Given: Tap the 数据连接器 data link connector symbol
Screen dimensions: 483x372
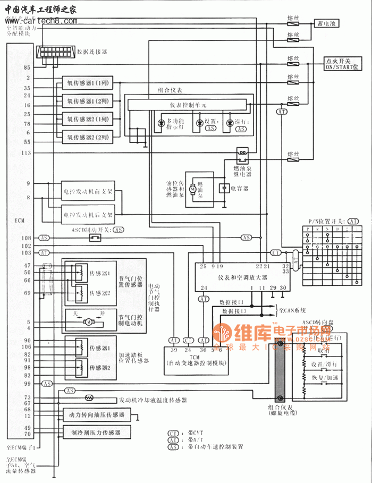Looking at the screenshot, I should coord(55,52).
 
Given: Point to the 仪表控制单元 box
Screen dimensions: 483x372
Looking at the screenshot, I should coord(189,105).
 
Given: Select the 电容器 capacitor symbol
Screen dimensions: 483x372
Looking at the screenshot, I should coord(224,188).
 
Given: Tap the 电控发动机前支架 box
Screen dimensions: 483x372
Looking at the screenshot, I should coord(88,190).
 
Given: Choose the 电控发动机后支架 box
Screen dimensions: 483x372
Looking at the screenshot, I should coord(88,215).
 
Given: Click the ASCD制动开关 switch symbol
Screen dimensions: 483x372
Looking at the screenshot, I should coord(95,238).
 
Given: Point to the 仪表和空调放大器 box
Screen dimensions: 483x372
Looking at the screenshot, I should coord(242,277).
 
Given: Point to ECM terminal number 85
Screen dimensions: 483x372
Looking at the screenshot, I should coord(27,67).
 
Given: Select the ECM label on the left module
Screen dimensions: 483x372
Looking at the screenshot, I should coord(19,220).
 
